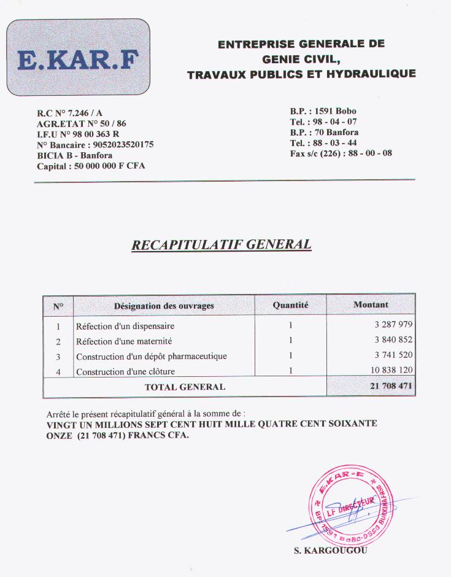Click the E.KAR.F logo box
coord(79,57)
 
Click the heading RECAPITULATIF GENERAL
coord(222,245)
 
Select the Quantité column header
coord(290,305)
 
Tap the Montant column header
coord(371,304)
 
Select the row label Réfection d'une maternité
coord(124,341)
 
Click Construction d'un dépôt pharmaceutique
coord(151,356)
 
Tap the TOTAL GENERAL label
coord(185,387)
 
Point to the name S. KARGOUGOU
coord(331,550)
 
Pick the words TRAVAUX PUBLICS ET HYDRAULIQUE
coord(301,74)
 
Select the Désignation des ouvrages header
coord(164,305)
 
